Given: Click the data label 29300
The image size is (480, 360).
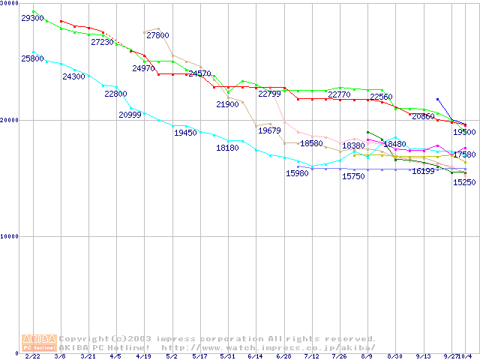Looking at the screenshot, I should [32, 18].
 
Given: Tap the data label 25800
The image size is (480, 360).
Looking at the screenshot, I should [32, 58].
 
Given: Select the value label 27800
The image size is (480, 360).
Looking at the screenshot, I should [157, 35].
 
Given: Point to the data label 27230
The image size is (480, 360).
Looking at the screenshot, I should [102, 43].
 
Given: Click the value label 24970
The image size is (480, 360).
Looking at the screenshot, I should [143, 68].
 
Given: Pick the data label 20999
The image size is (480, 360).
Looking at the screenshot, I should [130, 115].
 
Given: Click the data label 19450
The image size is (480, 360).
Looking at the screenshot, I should [185, 133].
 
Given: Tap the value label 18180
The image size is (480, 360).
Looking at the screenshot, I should [227, 148].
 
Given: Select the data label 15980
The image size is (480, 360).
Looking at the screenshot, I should [297, 174].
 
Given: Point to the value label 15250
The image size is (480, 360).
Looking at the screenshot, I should [463, 183].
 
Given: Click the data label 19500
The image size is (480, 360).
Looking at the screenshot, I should [463, 132].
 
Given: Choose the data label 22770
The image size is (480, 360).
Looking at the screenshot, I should [339, 94].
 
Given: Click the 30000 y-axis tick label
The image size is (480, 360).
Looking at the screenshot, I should [9, 3].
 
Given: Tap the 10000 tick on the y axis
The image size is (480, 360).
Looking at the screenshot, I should [9, 236].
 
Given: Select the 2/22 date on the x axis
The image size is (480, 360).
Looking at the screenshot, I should [32, 357].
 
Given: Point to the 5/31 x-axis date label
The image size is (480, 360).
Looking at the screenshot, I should [227, 357].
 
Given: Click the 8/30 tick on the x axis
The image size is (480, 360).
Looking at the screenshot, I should [394, 357].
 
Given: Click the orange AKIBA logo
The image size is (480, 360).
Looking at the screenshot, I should [39, 343].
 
